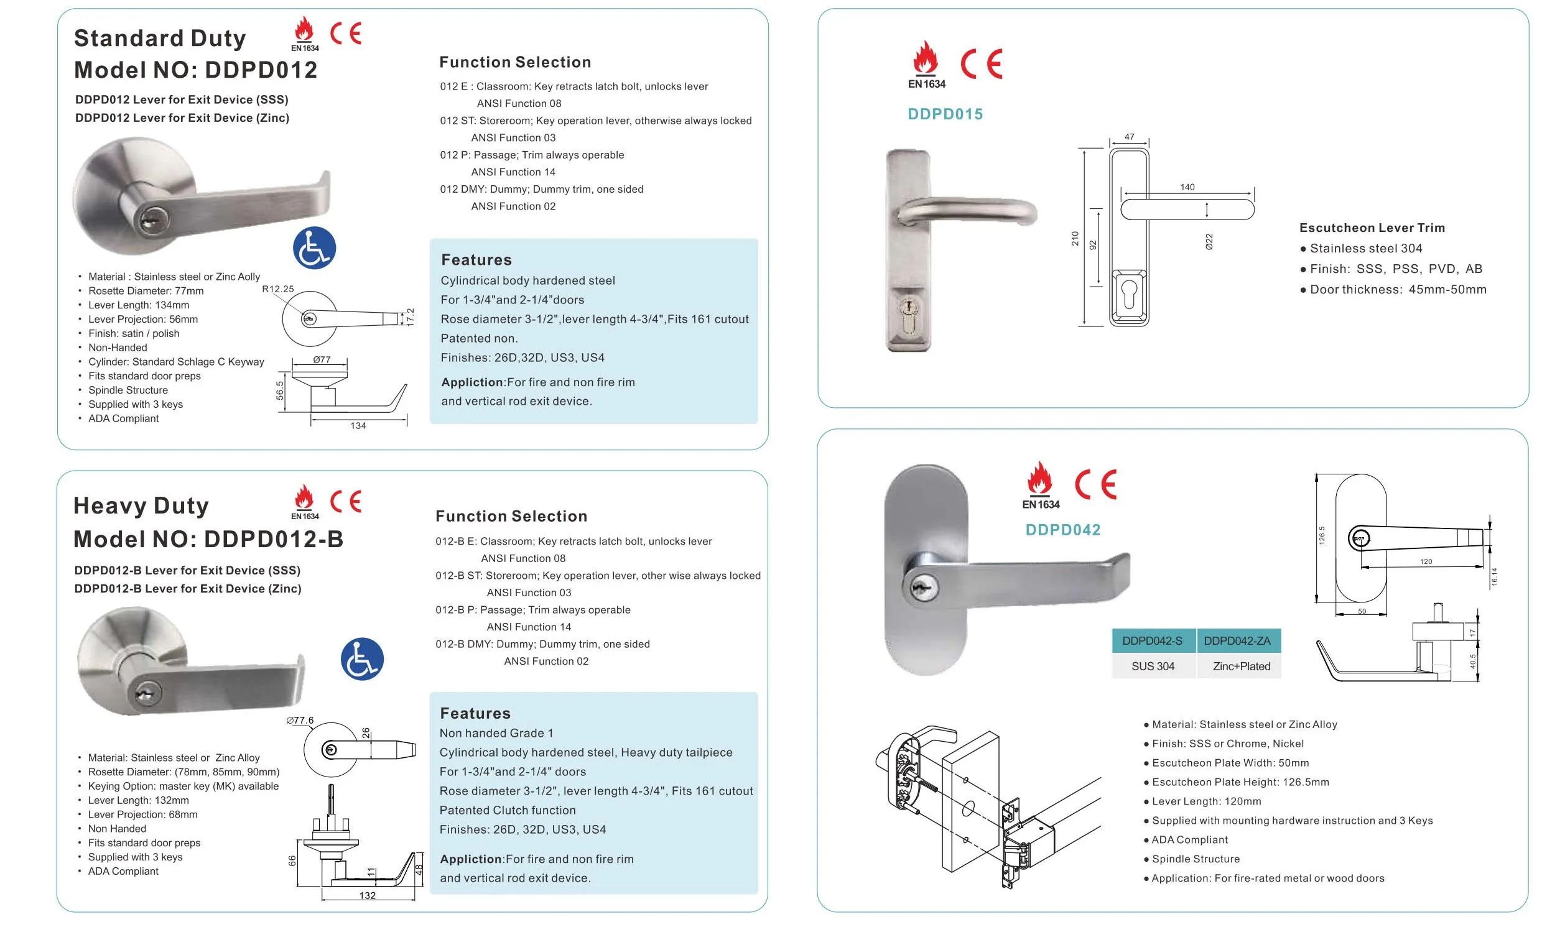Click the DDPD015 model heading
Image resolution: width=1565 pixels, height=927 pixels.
[945, 114]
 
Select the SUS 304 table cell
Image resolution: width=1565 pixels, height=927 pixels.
[1153, 666]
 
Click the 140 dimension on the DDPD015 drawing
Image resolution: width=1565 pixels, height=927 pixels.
[1187, 187]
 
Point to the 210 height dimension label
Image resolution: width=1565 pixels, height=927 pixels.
[1075, 238]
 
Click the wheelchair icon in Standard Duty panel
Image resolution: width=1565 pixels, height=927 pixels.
[314, 248]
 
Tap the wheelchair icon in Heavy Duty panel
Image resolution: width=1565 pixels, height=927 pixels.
[362, 659]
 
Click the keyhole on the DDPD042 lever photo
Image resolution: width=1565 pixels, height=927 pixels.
[920, 588]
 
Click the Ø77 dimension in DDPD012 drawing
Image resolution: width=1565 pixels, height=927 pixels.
[322, 360]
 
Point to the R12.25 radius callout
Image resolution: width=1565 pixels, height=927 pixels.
[277, 289]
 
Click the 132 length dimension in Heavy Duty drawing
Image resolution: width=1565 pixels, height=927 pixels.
[368, 895]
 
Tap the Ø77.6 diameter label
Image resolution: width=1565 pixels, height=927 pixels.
[300, 720]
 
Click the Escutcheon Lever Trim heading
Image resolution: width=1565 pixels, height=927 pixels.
[1372, 228]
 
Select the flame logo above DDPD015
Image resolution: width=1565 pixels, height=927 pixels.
[926, 59]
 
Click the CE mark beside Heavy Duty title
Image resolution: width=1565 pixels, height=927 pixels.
[345, 501]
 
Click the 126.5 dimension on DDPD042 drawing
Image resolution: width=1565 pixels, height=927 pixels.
[1321, 535]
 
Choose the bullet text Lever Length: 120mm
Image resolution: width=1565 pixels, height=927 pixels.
[1205, 801]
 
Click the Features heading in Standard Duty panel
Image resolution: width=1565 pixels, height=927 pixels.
[476, 260]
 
